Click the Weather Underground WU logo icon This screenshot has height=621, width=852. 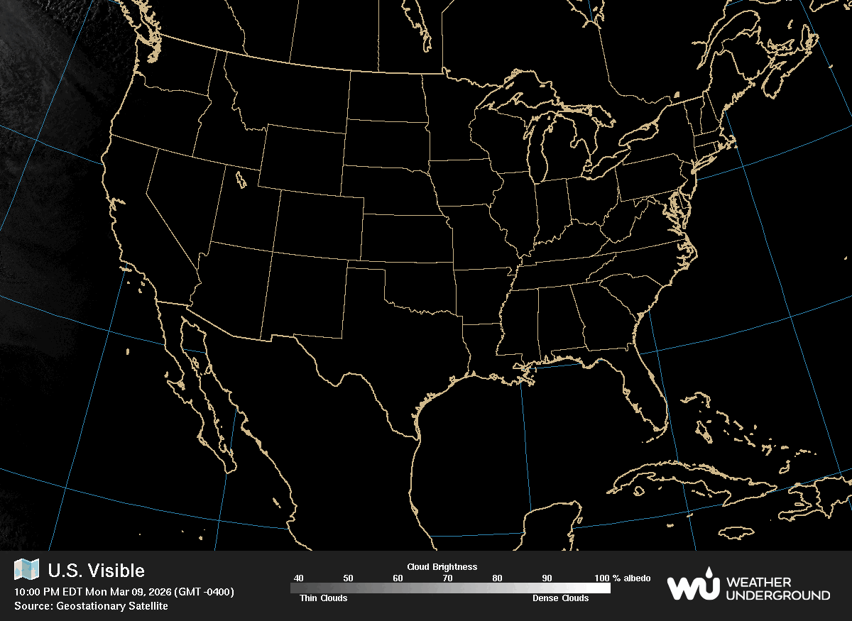point(692,586)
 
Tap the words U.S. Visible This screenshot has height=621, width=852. point(96,571)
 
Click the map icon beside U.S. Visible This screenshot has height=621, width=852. point(27,569)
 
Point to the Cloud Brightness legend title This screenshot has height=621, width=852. point(442,567)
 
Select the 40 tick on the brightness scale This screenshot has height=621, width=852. point(298,578)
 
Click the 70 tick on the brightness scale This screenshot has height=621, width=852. point(447,578)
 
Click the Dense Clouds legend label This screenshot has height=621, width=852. point(560,598)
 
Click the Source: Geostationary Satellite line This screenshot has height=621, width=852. point(91,606)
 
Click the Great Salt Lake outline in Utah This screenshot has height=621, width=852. point(239,177)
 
